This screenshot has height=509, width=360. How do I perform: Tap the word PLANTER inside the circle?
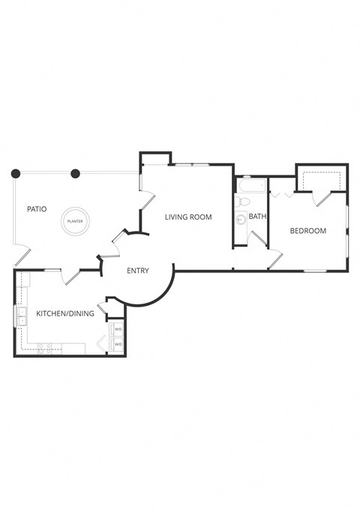point(74,221)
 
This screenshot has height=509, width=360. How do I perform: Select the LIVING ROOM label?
point(188,217)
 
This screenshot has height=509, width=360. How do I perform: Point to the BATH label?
point(257,217)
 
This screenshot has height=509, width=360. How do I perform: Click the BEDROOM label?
point(308,231)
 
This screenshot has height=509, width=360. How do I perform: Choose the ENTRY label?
point(137,271)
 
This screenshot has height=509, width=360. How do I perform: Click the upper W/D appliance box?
point(118,329)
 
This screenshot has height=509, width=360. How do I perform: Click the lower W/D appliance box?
point(118,344)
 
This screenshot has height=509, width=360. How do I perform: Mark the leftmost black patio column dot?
point(15,174)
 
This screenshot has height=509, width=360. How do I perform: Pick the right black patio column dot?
point(75,174)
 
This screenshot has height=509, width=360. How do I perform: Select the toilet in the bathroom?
point(241,202)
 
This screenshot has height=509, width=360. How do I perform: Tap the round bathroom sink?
point(241,220)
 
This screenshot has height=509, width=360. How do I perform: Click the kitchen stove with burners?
point(45,347)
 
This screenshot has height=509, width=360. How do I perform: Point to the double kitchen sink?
point(21,316)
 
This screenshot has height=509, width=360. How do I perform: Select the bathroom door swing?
point(258,238)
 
